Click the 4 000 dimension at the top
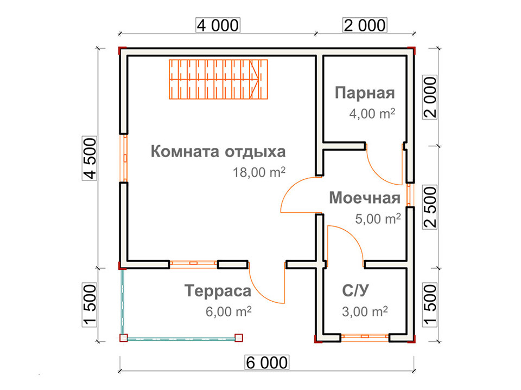click(218, 25)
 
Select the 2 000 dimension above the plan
click(365, 25)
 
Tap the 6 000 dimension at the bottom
click(267, 362)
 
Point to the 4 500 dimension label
click(90, 159)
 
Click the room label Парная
click(365, 93)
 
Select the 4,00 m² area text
click(372, 113)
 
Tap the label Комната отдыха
click(218, 151)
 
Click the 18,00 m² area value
click(259, 172)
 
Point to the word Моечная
click(365, 198)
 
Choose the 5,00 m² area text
click(378, 218)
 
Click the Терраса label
click(218, 291)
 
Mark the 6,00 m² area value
click(228, 311)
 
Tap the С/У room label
click(355, 290)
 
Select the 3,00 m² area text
click(365, 311)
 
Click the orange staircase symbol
click(218, 79)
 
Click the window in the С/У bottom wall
click(365, 337)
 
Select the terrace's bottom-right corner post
click(239, 338)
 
